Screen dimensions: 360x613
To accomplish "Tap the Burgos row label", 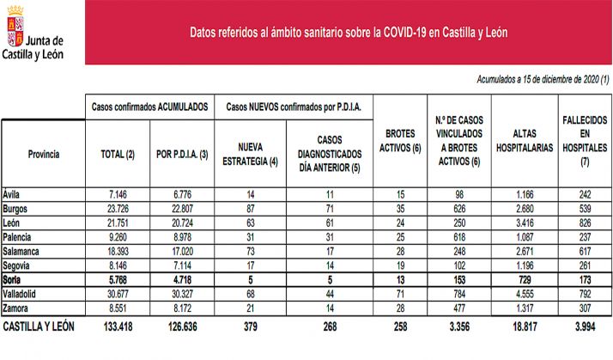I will click(18, 209).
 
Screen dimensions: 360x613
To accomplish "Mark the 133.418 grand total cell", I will click(117, 327).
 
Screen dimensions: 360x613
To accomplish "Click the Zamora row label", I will click(18, 305).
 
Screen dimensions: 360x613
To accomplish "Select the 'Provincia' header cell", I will click(43, 154).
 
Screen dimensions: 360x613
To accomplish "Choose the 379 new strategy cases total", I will click(250, 327).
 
